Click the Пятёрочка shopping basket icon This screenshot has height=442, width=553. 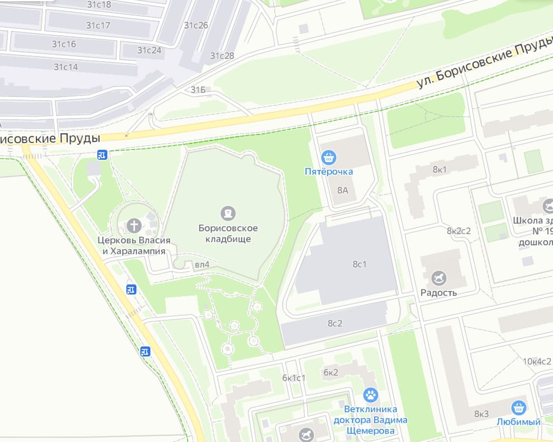[329, 158]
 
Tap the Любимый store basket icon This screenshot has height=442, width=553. [519, 408]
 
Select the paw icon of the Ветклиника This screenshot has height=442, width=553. [370, 396]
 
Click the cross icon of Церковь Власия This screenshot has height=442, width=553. [134, 226]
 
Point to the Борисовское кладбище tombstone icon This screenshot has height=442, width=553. [228, 213]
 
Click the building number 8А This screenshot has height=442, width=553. [343, 190]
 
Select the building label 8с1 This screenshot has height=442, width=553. [359, 264]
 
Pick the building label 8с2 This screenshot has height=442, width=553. [334, 323]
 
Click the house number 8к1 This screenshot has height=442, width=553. [440, 169]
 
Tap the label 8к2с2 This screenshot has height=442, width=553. [459, 231]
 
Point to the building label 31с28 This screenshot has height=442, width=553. [222, 55]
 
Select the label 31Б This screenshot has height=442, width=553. [198, 89]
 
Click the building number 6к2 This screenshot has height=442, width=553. [331, 372]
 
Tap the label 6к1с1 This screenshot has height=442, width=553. [294, 378]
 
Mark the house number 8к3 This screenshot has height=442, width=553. [481, 414]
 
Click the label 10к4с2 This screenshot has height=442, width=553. [537, 361]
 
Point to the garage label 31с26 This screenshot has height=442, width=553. [196, 25]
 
